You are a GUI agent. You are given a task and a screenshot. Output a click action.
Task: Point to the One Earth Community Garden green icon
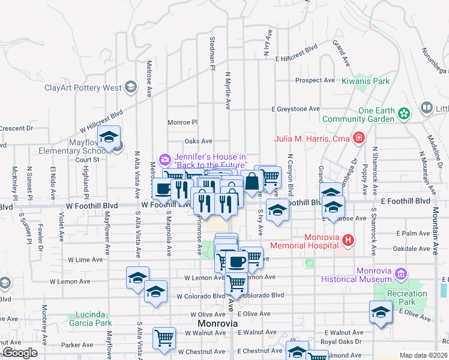coord(405,113)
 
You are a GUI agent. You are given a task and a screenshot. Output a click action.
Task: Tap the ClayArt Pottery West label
coord(83,88)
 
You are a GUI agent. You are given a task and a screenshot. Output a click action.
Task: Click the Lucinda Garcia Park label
coord(94,319)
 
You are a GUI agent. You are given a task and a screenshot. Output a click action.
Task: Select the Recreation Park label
coord(407,298)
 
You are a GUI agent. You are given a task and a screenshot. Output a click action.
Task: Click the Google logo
coord(19,353)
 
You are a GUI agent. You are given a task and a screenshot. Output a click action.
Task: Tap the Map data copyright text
coord(423,355)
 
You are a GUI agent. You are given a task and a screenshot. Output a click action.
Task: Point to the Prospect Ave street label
coord(315,80)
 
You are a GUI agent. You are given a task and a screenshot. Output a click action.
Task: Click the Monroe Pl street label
coord(182,122)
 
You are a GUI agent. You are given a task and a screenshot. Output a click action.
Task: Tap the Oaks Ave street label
coord(199,141)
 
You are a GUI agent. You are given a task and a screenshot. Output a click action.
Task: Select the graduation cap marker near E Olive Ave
coord(381,312)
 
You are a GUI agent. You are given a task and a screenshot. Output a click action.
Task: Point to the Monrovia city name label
coord(217,323)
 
